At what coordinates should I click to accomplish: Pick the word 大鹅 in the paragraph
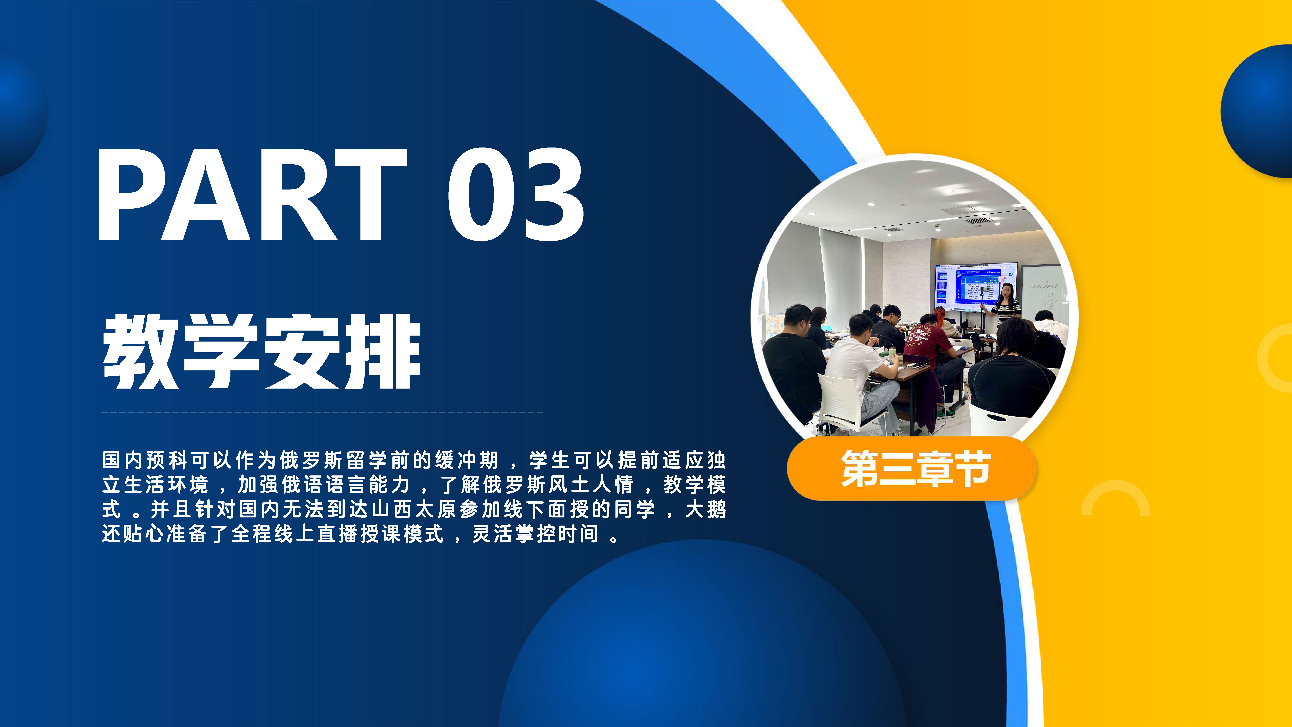click(705, 509)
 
